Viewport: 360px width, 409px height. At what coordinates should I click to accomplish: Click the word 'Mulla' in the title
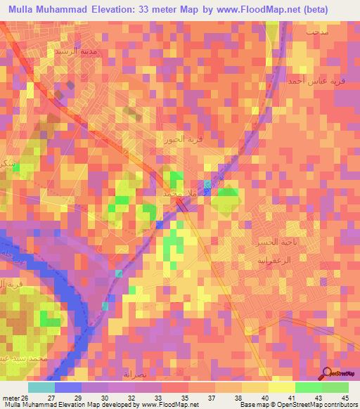24,10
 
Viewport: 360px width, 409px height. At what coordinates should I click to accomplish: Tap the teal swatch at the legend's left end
41,387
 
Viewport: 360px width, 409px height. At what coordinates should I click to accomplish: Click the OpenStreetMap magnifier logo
326,373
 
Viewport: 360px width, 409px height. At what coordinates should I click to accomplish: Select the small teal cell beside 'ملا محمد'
207,184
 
